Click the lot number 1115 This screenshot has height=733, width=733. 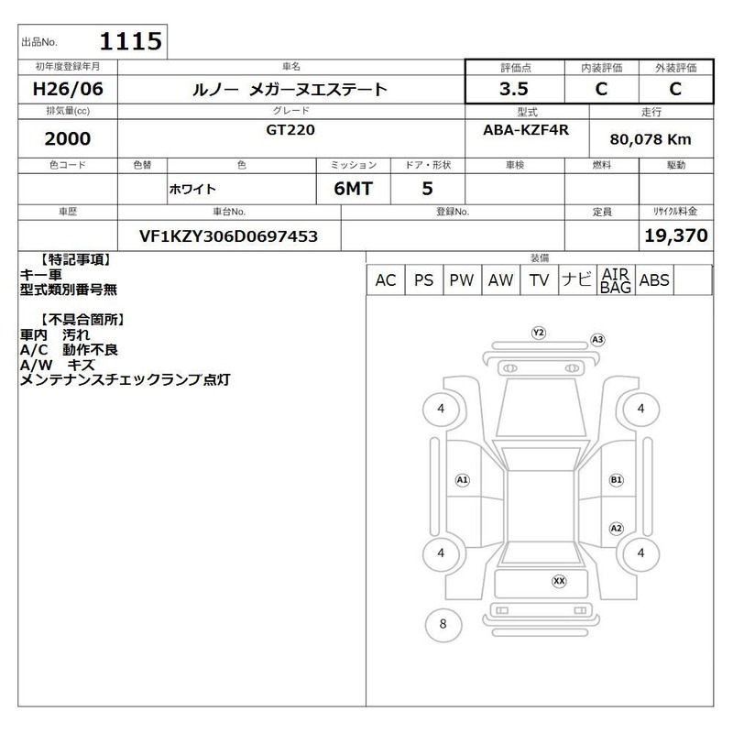coord(131,41)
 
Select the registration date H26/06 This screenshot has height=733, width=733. coord(68,89)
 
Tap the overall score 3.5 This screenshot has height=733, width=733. coord(514,89)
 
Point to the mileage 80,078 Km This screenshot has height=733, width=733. coord(651,139)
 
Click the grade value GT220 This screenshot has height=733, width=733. coord(290,129)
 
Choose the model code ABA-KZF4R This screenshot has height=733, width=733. coord(526,129)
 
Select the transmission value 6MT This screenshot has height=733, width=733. coord(353,189)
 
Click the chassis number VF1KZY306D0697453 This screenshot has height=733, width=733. coord(228,236)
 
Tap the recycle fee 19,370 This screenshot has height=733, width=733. coord(676,235)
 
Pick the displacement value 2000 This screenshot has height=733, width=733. coord(68,138)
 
